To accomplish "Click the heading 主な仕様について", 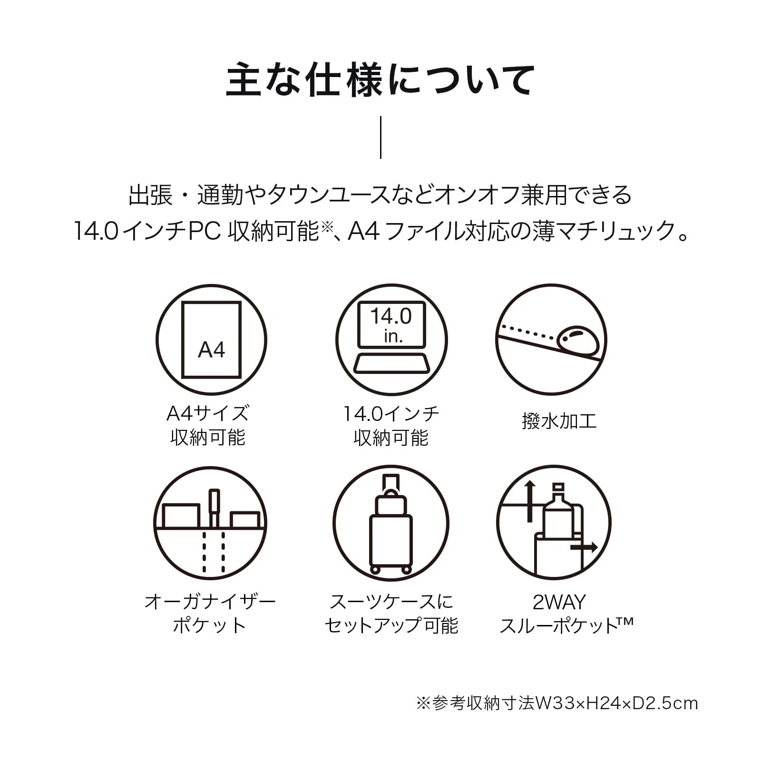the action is click(x=380, y=80).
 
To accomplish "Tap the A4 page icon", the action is click(x=212, y=340).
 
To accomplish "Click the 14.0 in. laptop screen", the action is click(x=391, y=324).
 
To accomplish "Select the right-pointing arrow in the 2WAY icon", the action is click(x=584, y=547).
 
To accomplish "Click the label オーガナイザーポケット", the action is click(x=210, y=614).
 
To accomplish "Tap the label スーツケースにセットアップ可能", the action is click(x=391, y=614).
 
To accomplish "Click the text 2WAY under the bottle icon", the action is click(x=559, y=602).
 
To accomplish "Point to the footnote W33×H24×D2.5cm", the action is click(x=616, y=703).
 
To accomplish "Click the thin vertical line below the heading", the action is click(x=380, y=137).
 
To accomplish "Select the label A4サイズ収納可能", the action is click(x=208, y=425).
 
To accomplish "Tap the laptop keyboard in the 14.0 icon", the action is click(x=391, y=363).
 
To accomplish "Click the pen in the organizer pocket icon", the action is click(x=214, y=508).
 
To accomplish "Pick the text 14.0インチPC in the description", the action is click(x=147, y=232).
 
